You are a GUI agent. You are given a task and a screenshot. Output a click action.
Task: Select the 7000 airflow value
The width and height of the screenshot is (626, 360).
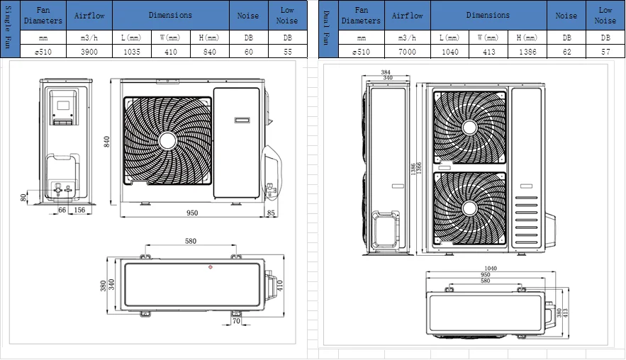(x=407, y=51)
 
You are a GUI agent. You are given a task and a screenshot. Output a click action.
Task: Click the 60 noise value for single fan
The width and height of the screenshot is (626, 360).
(x=249, y=51)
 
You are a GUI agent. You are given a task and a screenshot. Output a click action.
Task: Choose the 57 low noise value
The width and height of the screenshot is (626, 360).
(x=605, y=51)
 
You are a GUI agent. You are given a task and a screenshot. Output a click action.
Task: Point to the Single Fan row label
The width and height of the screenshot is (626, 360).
(x=8, y=28)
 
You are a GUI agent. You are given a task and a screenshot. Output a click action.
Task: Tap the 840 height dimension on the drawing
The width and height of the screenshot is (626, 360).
(x=108, y=141)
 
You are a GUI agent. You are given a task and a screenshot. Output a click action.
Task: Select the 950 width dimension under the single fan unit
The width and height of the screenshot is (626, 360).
(x=191, y=213)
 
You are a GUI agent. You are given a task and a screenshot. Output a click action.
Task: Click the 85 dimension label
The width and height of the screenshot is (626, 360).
(x=271, y=213)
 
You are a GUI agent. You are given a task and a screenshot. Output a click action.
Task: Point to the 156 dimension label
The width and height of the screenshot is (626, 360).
(x=79, y=210)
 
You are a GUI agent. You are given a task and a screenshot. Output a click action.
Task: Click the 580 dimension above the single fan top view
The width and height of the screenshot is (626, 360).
(x=190, y=242)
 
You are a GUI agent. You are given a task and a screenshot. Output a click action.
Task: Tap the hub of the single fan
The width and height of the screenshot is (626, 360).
(x=168, y=139)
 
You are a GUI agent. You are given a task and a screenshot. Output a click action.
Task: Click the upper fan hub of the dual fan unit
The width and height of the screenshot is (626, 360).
(x=469, y=127)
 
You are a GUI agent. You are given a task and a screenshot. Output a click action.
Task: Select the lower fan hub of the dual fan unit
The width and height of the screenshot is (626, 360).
(x=469, y=208)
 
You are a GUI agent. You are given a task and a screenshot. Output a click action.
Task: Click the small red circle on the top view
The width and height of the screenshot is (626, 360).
(x=211, y=268)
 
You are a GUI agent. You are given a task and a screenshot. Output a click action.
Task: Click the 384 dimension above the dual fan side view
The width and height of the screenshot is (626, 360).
(x=385, y=72)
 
